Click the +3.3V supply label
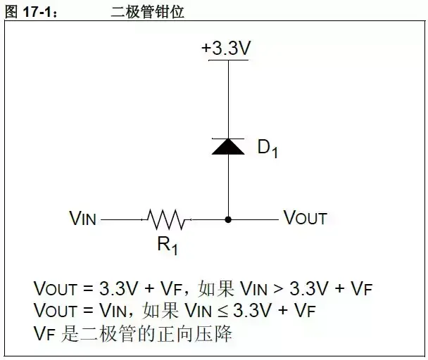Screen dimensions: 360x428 (x=227, y=49)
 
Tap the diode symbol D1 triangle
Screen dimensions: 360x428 (x=228, y=146)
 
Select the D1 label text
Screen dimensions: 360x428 (x=267, y=148)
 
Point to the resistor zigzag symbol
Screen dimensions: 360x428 (x=167, y=220)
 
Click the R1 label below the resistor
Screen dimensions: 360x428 (x=167, y=245)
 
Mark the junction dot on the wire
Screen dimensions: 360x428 (x=228, y=219)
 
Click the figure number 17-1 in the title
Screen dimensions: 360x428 (x=35, y=12)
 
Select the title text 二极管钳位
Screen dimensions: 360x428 (x=148, y=12)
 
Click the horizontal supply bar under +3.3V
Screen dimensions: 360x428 (x=227, y=60)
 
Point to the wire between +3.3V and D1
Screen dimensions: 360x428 (x=228, y=98)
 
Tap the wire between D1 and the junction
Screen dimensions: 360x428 (x=228, y=186)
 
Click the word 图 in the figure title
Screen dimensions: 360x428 (x=11, y=12)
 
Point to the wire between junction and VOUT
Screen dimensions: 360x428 (x=253, y=219)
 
